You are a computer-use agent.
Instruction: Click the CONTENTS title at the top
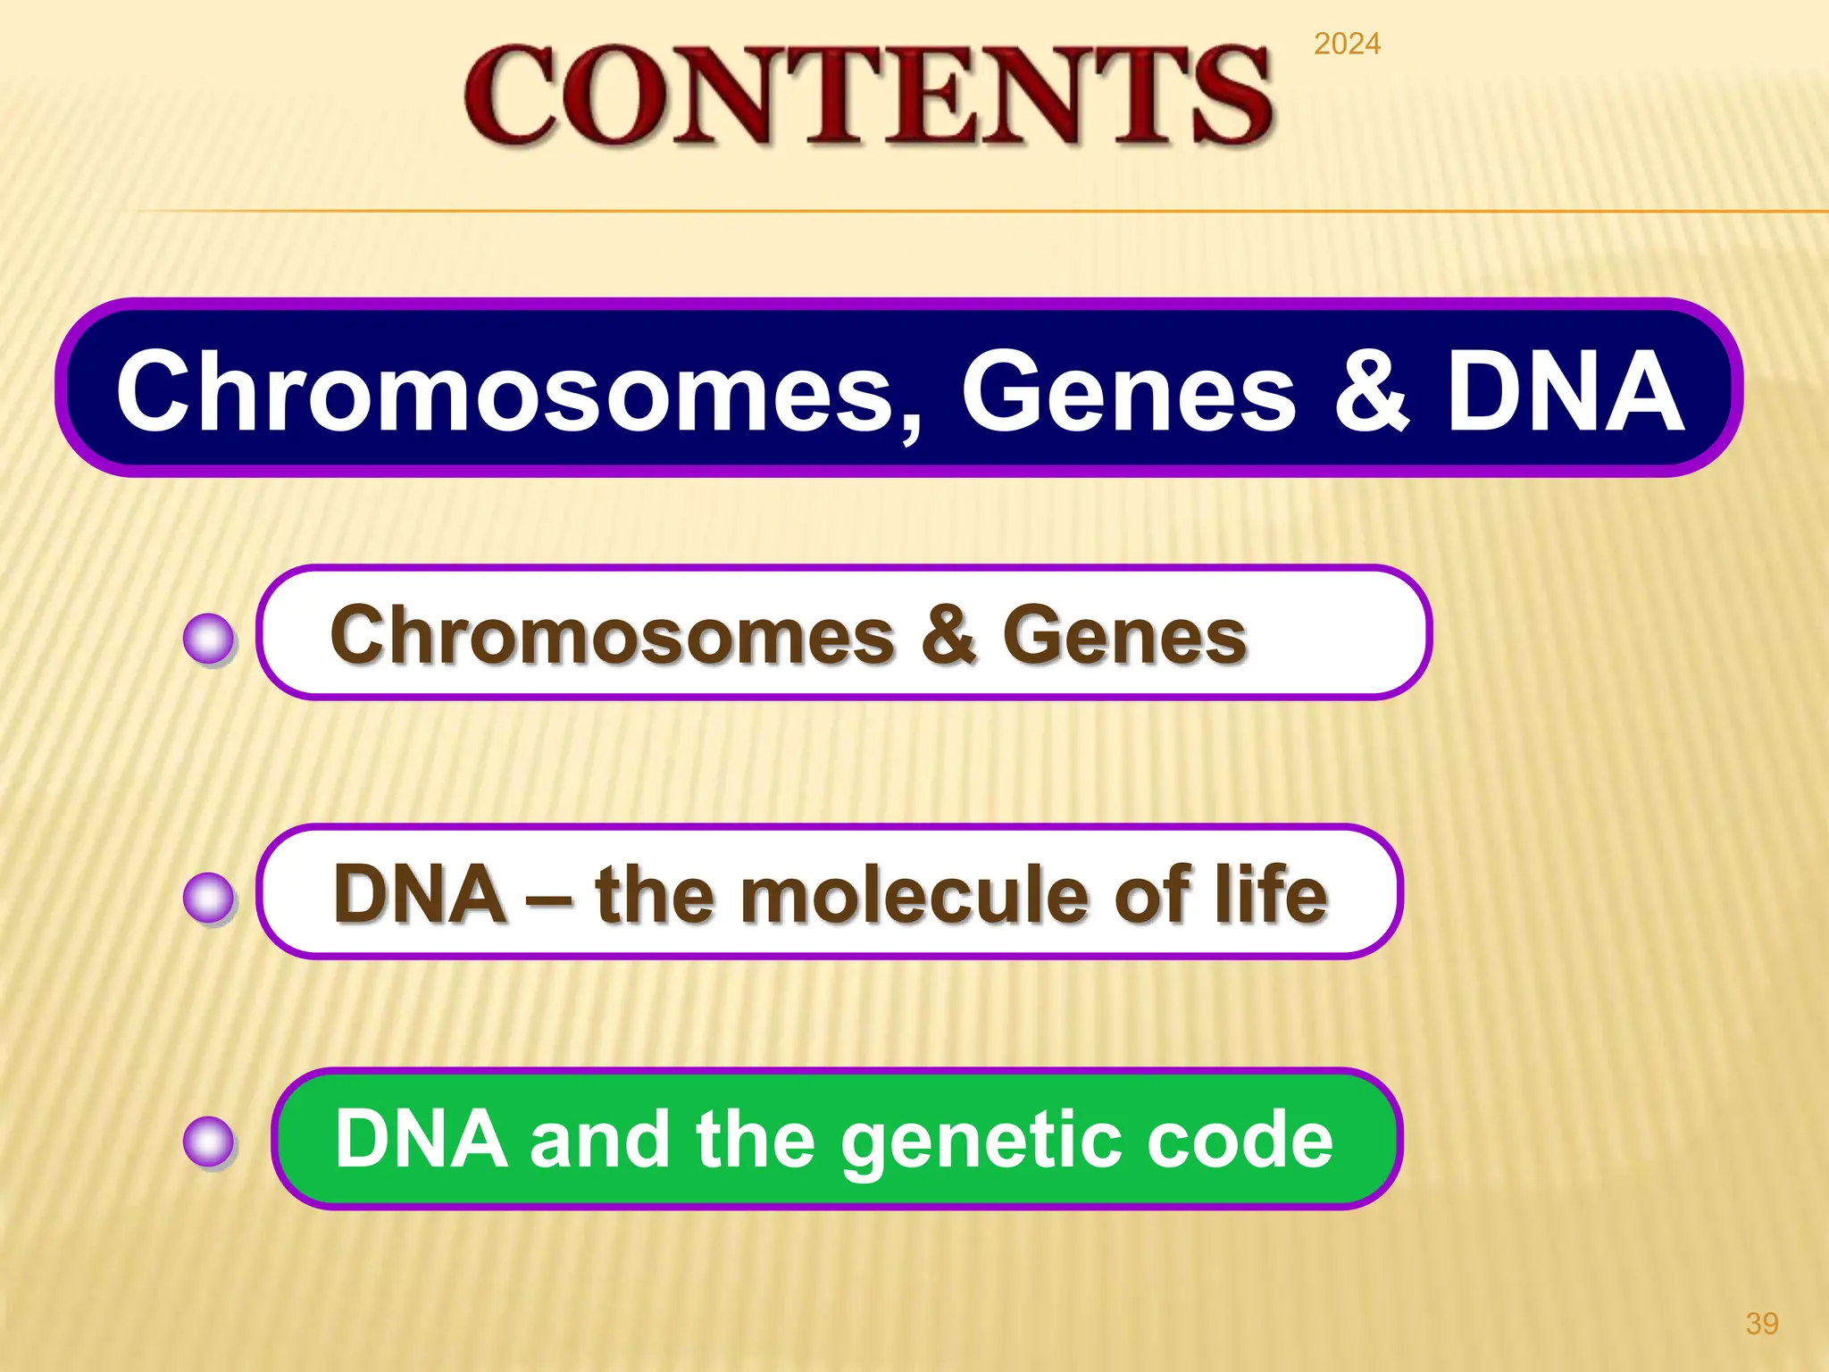click(868, 96)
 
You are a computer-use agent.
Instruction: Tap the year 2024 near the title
click(1347, 44)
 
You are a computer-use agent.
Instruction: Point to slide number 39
click(1761, 1323)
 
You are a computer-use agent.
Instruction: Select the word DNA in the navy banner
click(1565, 391)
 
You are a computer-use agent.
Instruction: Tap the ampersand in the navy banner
click(1372, 391)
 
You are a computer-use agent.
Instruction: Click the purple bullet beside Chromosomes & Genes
click(209, 640)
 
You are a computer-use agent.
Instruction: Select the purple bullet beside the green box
click(209, 1142)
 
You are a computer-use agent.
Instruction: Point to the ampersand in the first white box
click(948, 635)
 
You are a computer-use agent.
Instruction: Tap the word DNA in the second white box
click(420, 894)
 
